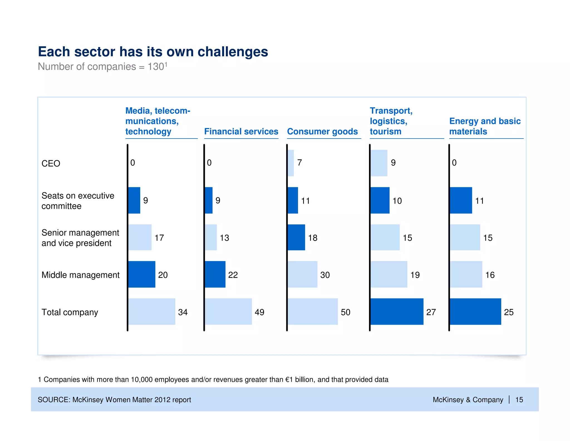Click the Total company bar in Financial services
tap(228, 311)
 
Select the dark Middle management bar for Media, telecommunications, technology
tap(142, 274)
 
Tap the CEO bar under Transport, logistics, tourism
tap(379, 163)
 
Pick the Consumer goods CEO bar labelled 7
tap(291, 163)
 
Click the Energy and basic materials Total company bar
tap(475, 311)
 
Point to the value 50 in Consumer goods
tap(345, 312)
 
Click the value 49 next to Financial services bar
tap(259, 312)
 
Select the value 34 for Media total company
tap(183, 312)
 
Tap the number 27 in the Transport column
tap(431, 312)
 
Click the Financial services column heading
tap(241, 132)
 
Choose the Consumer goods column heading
tap(322, 132)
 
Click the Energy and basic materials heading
tap(485, 126)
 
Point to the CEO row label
tap(51, 164)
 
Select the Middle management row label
tap(80, 275)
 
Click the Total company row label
tap(70, 312)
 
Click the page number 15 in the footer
tap(519, 400)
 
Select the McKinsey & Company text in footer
tap(468, 400)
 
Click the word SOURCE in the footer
tap(54, 400)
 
